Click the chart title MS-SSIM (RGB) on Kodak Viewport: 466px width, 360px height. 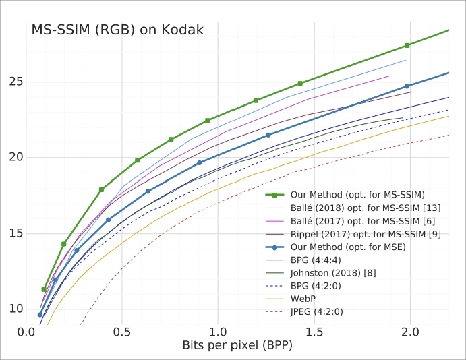(117, 30)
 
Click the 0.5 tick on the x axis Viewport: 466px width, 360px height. (122, 332)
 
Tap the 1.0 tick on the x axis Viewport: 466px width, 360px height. (218, 332)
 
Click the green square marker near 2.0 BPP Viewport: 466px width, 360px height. (407, 45)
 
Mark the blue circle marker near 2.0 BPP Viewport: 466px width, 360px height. (407, 86)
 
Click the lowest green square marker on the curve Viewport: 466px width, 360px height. (44, 289)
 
